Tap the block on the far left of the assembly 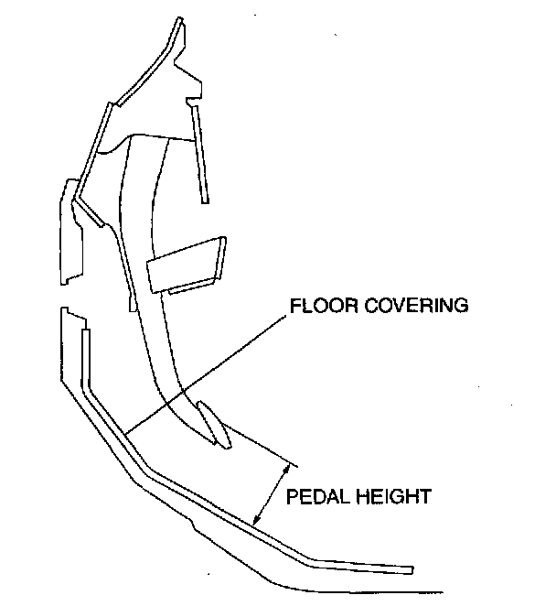pos(70,233)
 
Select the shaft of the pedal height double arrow pos(273,494)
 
